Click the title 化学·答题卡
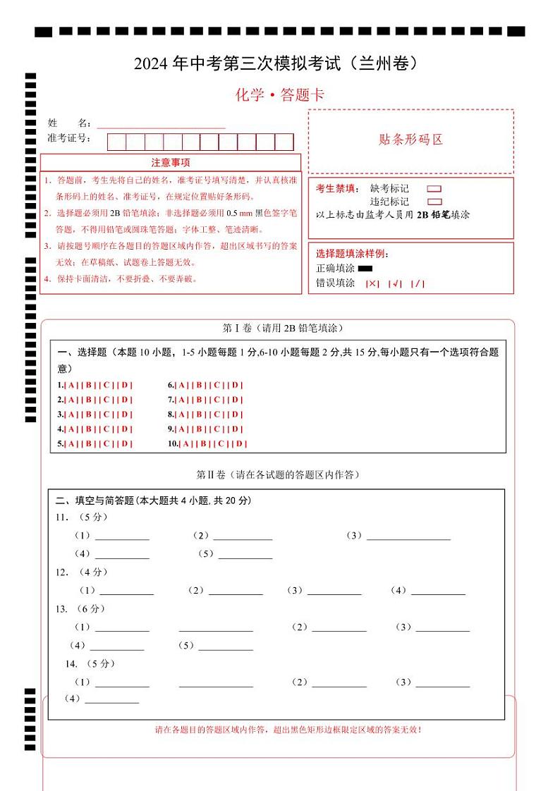(x=280, y=95)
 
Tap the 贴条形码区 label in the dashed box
(x=410, y=140)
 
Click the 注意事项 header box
(x=170, y=163)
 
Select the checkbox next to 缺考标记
(x=434, y=189)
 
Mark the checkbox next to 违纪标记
(x=434, y=202)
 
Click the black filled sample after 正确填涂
(x=365, y=269)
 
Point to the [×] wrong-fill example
(x=372, y=283)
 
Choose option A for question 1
(x=71, y=386)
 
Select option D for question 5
(x=124, y=444)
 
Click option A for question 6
(x=182, y=386)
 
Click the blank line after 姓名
(x=161, y=123)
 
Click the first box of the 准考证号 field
(x=116, y=142)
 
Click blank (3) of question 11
(x=408, y=536)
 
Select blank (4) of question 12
(x=438, y=591)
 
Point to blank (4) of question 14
(x=111, y=700)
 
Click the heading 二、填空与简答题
(x=153, y=501)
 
